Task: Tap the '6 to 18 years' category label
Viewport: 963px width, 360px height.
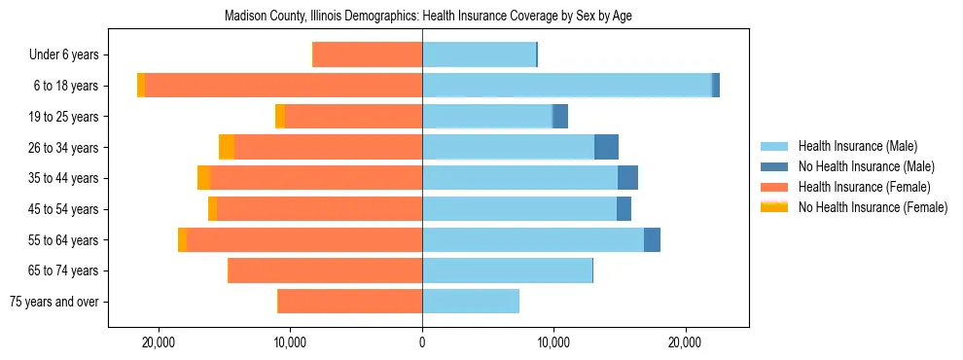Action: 65,86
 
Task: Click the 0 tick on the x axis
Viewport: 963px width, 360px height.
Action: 422,342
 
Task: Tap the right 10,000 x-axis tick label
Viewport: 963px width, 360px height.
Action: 553,342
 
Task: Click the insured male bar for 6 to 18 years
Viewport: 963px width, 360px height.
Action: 567,86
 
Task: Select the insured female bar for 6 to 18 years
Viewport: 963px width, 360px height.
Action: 283,86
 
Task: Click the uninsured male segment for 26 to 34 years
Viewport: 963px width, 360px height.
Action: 606,147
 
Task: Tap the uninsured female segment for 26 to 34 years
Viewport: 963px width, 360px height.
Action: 227,147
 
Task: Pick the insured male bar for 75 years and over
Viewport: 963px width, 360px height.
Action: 471,302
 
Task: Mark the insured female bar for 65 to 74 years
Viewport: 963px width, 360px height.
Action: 325,270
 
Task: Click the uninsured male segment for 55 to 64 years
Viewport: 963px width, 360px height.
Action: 652,239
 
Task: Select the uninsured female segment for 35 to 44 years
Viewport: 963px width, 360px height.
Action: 203,178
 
